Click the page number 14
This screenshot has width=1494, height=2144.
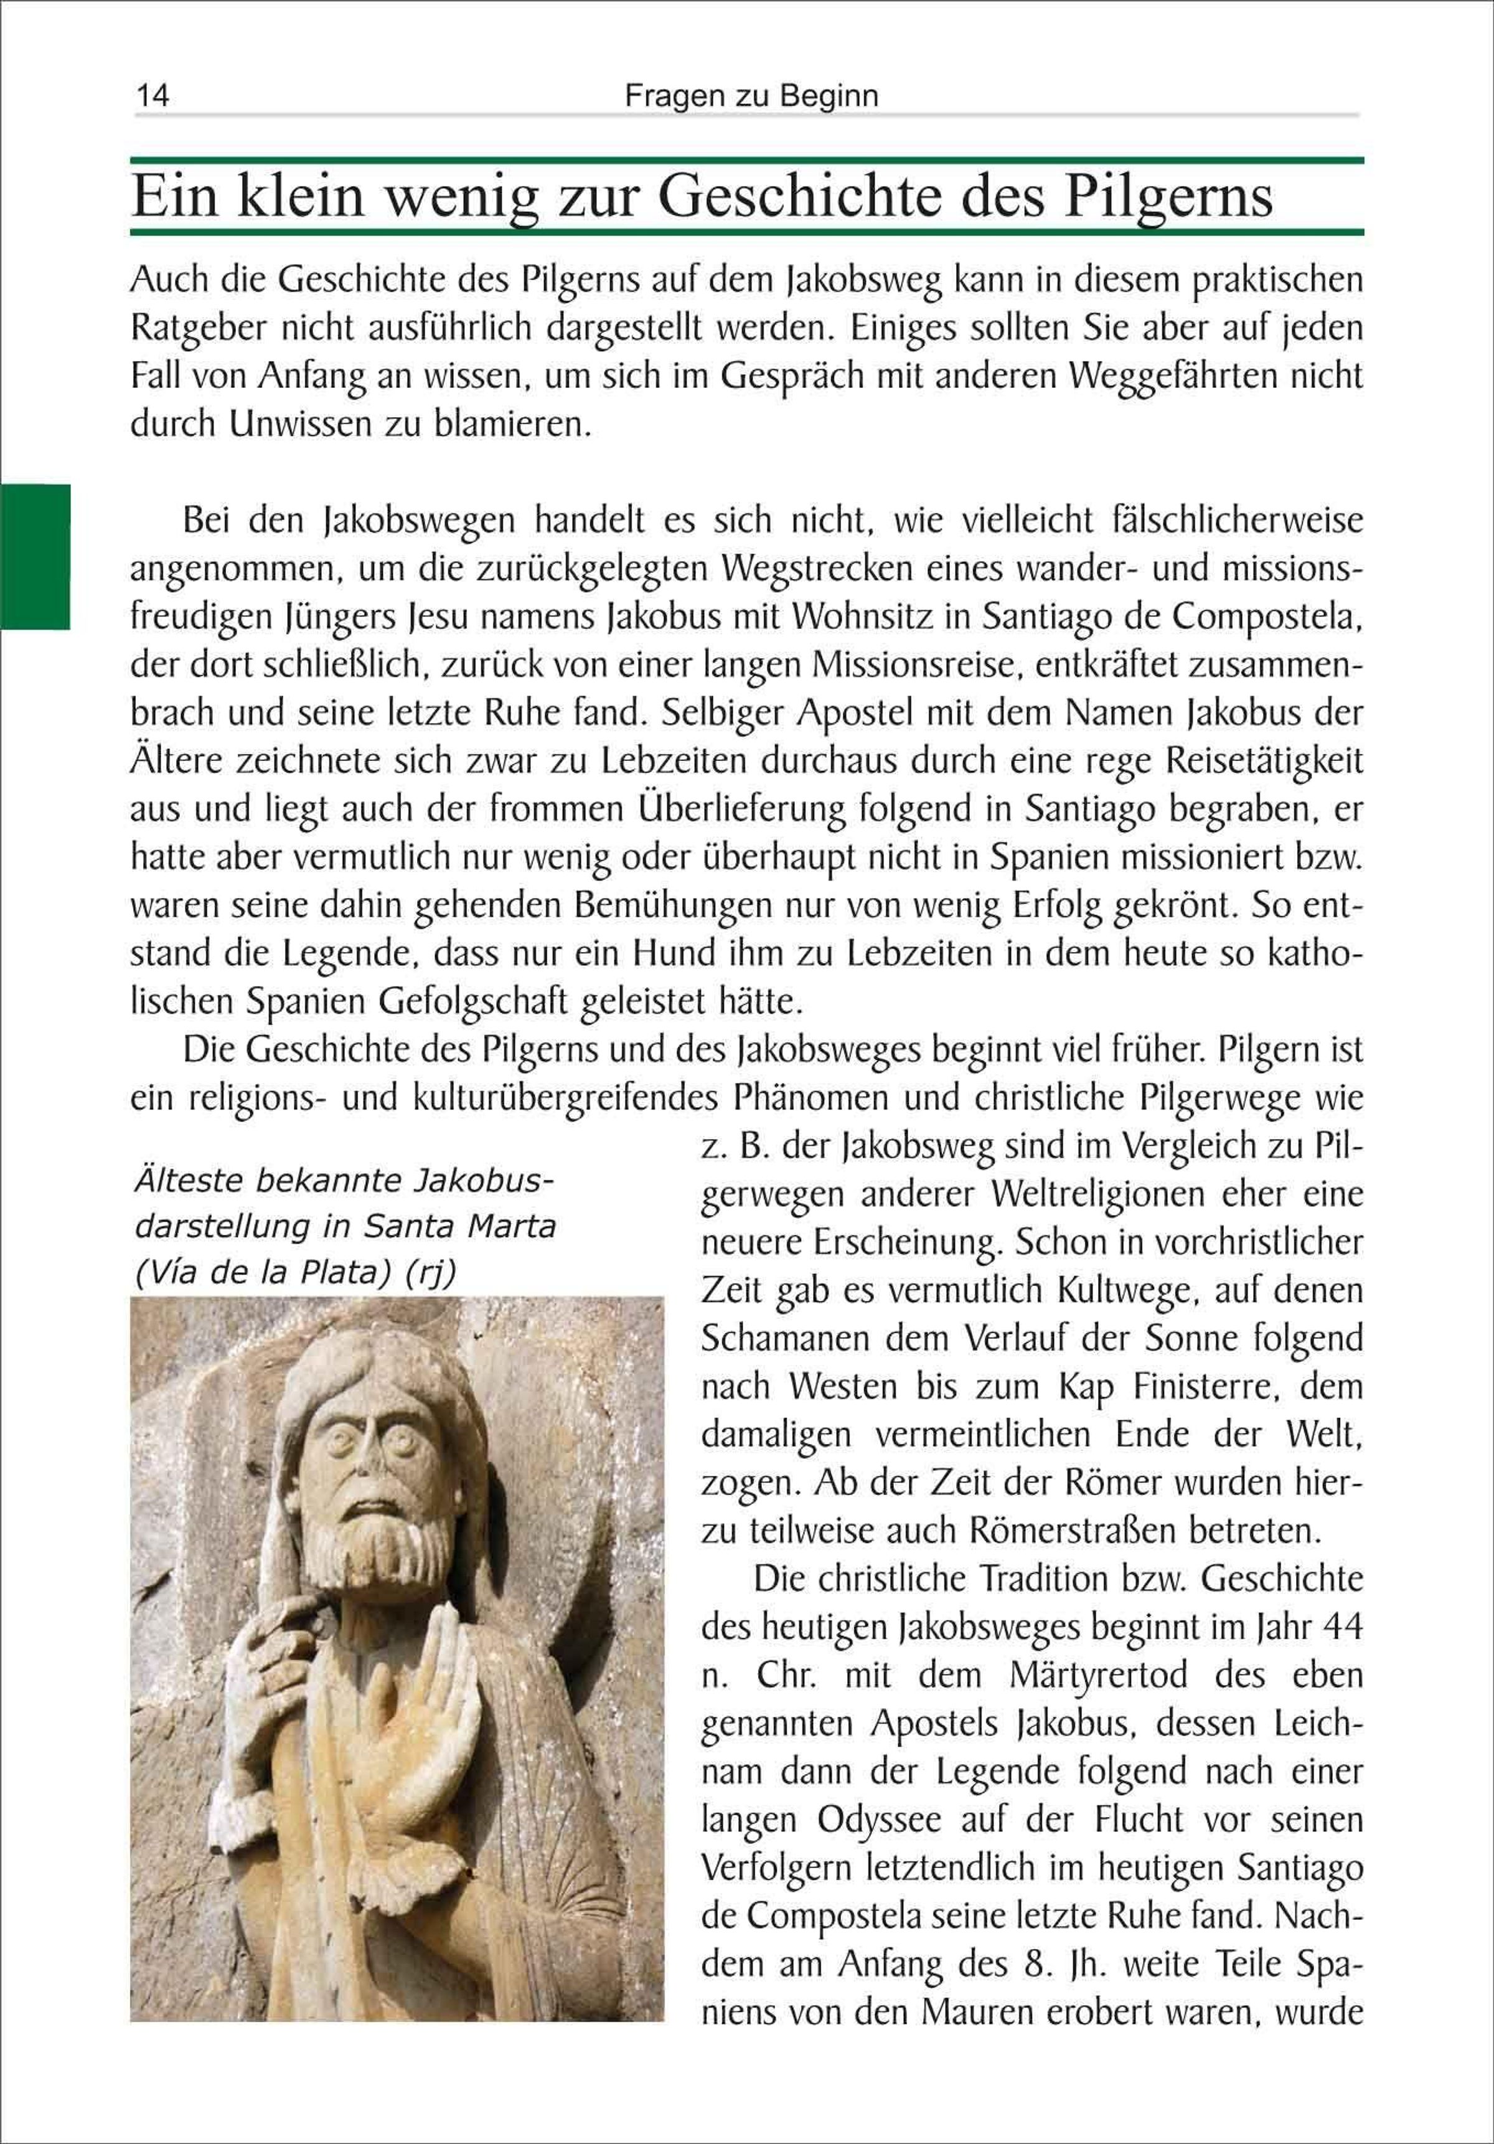click(x=152, y=96)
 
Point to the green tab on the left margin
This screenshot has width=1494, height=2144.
click(x=35, y=557)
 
